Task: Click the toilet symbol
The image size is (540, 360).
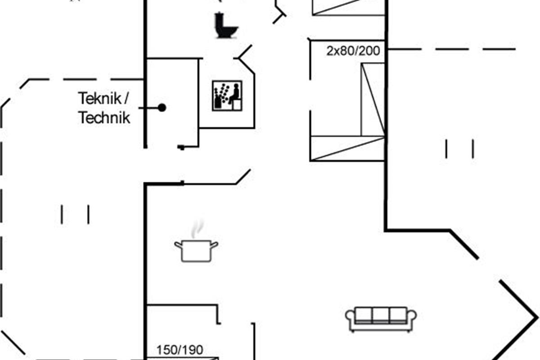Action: coord(225,25)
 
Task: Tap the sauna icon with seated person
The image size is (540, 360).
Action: coord(227,96)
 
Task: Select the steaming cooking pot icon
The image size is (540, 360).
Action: coord(196,241)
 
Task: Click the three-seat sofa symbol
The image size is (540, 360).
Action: coord(381,319)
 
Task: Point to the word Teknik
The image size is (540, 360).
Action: coord(99,99)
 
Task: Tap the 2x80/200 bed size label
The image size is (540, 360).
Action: coord(353,51)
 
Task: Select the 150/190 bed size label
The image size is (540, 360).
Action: coord(180,350)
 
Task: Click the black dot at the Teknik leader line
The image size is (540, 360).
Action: coord(162,108)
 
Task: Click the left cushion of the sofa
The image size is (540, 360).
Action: coord(364,315)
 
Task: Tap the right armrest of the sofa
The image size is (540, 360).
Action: coord(412,318)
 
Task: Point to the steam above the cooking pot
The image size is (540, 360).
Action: coord(198,229)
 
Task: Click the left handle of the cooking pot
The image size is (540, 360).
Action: coord(178,245)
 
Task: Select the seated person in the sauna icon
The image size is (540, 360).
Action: coord(234,94)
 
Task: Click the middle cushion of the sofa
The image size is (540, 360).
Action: coord(381,315)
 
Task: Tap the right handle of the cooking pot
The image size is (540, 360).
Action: coord(214,245)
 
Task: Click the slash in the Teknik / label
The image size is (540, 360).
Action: coord(126,98)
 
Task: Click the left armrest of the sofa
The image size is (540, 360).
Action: coord(350,318)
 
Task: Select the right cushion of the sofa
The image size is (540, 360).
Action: coord(398,315)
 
